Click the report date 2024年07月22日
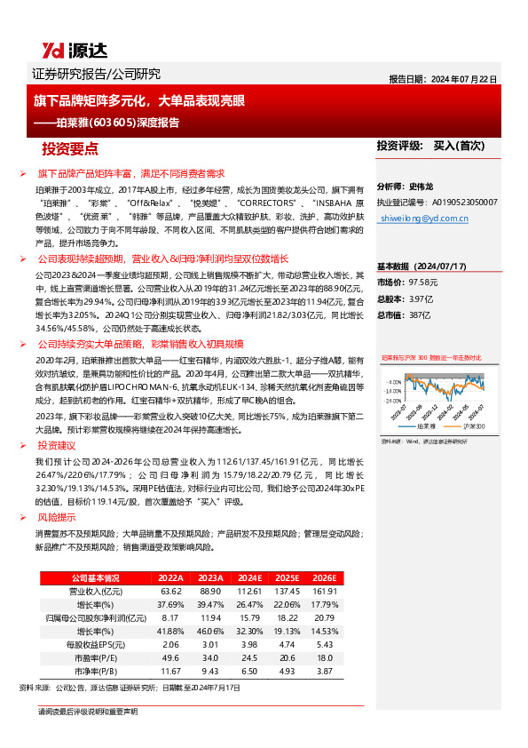click(x=464, y=78)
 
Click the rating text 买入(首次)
click(x=461, y=145)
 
